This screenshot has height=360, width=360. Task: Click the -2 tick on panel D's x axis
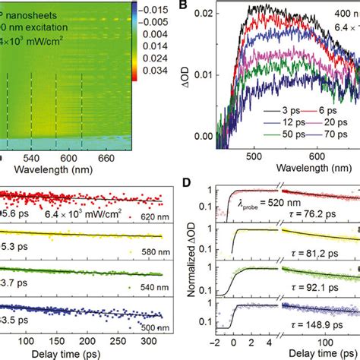click(216, 343)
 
